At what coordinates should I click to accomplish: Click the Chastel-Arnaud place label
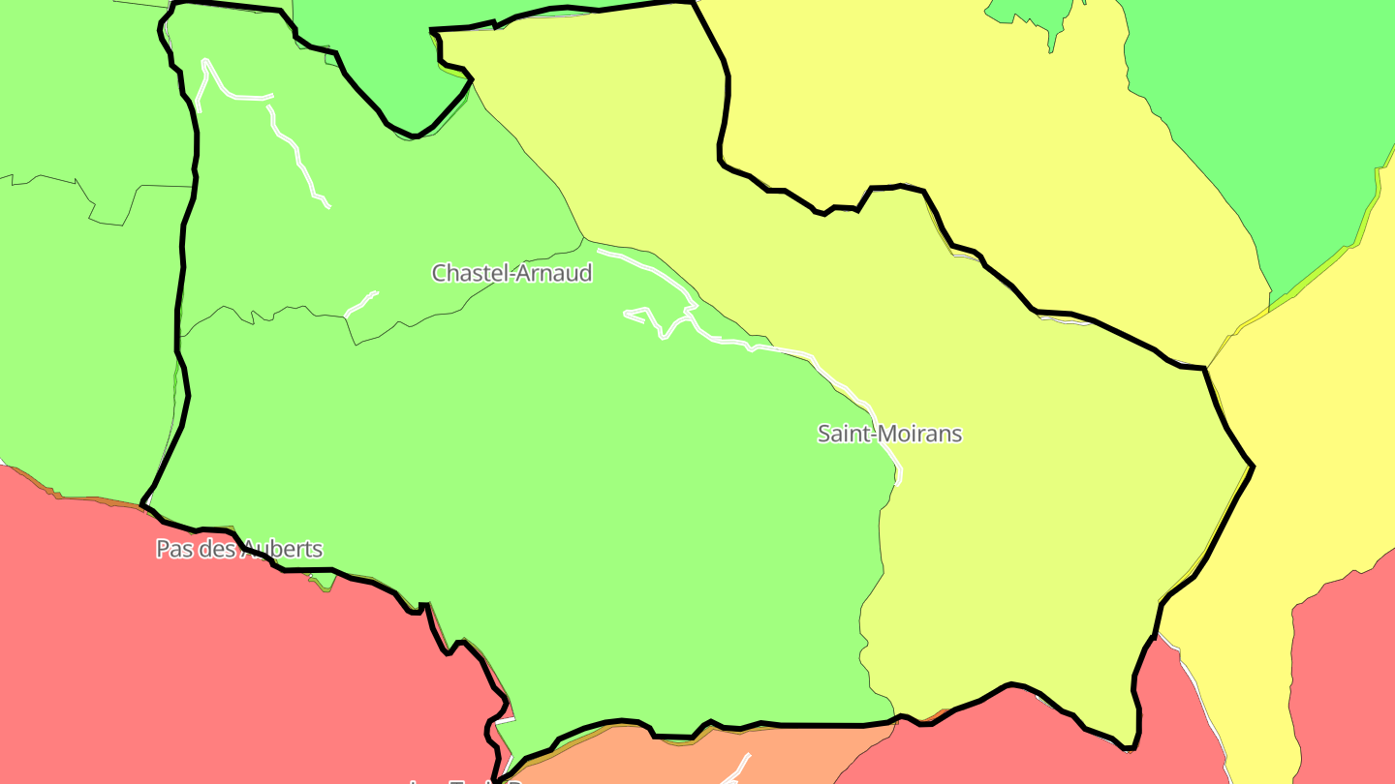click(x=511, y=273)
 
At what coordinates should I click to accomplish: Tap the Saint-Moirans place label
click(x=889, y=434)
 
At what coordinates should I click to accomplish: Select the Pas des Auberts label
click(x=238, y=549)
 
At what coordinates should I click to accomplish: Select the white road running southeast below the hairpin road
click(x=295, y=155)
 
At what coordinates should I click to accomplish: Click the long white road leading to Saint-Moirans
click(x=775, y=347)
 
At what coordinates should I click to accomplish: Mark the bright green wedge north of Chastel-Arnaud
click(x=387, y=68)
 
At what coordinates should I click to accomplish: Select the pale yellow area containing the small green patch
click(x=920, y=97)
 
